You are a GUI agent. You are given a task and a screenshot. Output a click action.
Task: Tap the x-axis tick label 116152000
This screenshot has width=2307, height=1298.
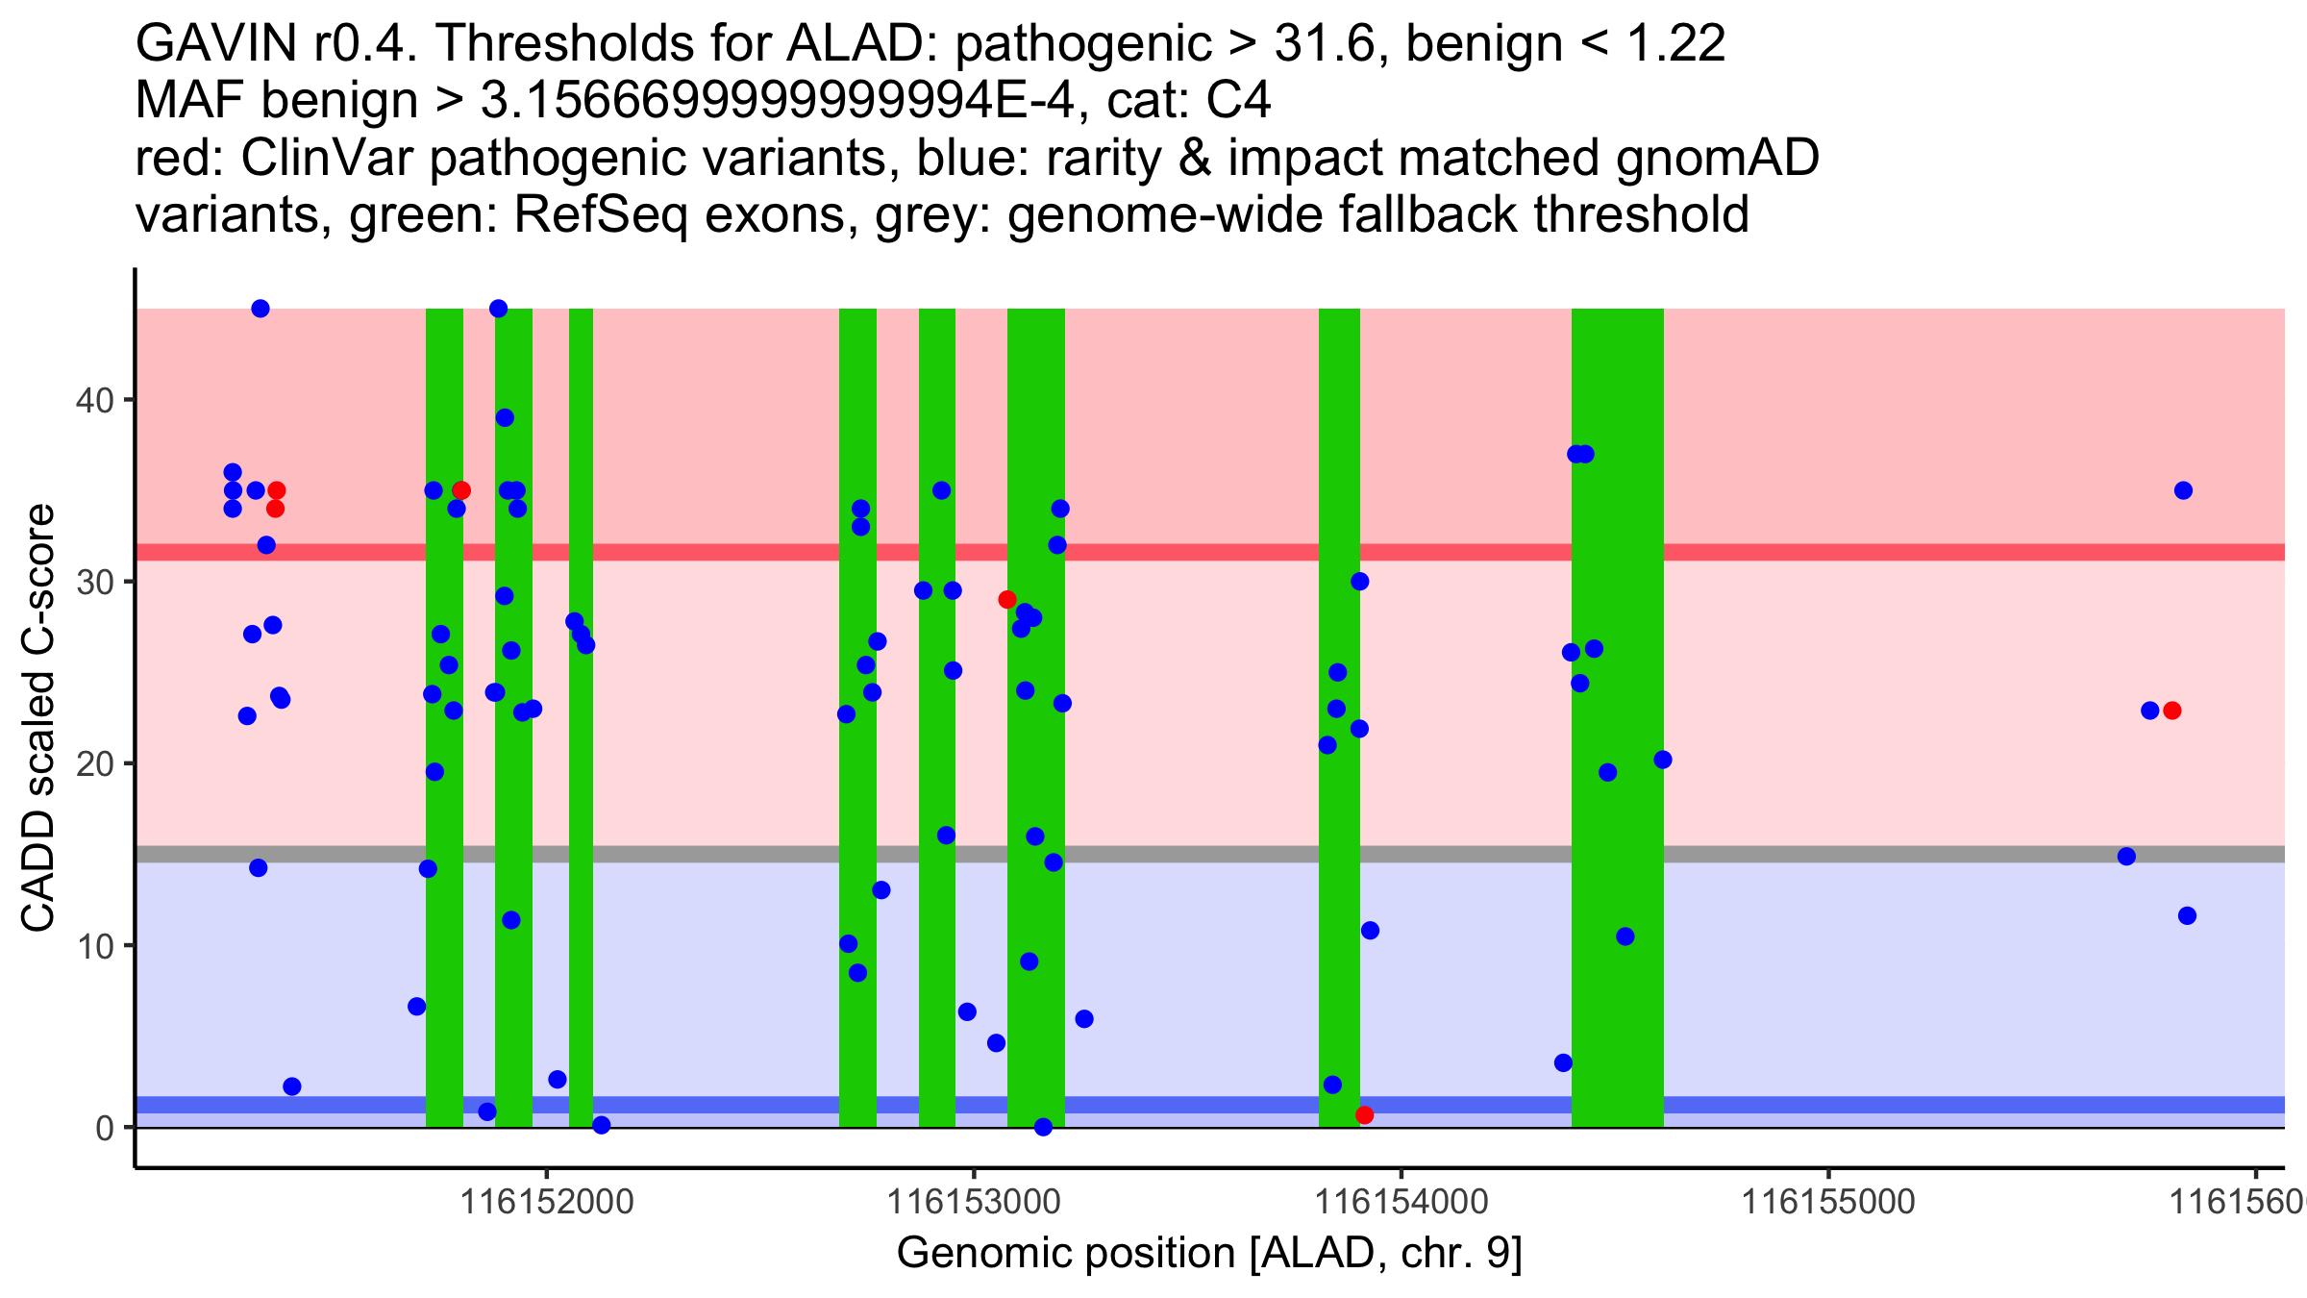[547, 1201]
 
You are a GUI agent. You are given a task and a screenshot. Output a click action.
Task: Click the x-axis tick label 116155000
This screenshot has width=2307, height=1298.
[1828, 1201]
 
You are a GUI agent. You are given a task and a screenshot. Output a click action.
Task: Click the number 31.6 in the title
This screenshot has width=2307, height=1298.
[1330, 43]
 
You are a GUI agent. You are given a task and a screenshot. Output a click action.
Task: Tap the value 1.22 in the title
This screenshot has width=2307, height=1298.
[1674, 43]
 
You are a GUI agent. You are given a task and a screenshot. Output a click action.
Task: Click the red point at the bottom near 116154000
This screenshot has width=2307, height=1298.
[1364, 1115]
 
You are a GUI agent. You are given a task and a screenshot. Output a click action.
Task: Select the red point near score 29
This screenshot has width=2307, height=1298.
[1007, 600]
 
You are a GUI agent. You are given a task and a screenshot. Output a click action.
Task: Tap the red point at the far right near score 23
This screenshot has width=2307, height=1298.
[2171, 711]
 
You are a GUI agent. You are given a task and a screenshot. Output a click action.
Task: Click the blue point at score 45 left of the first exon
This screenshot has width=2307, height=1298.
[260, 309]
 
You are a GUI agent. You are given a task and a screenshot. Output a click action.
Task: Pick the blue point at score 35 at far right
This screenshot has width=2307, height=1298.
[2183, 490]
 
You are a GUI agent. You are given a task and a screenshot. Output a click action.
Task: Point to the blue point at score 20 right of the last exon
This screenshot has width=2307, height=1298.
[1663, 760]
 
